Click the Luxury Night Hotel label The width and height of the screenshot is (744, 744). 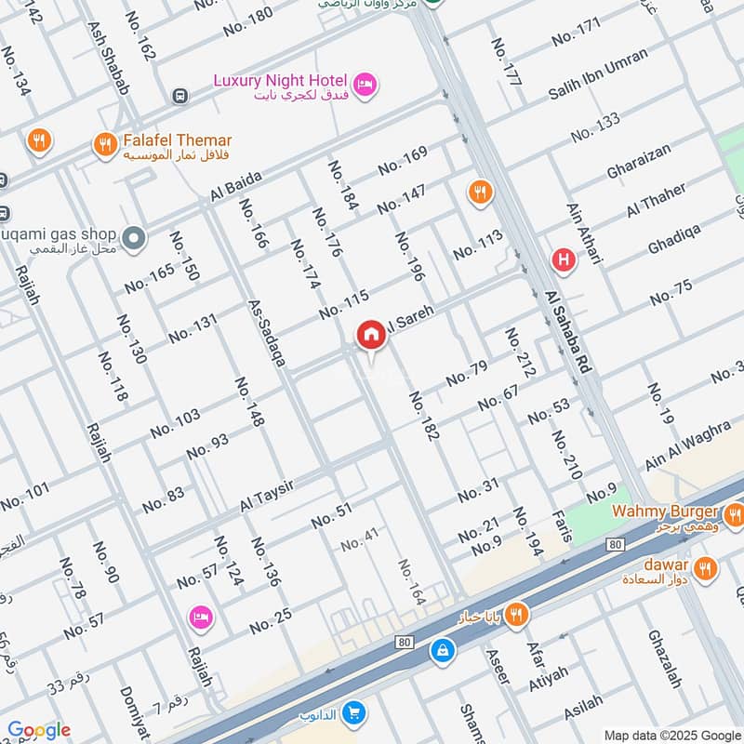280,81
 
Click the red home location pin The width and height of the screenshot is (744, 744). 371,335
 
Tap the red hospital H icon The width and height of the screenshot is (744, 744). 562,260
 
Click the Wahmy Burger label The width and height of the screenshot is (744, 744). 664,512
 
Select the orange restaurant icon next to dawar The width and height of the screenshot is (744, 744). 706,566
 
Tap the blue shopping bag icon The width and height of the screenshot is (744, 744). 443,650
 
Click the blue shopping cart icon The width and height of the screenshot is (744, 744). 353,713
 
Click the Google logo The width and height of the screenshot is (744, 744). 38,730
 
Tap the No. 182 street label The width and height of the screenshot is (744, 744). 423,416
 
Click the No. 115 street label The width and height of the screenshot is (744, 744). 343,304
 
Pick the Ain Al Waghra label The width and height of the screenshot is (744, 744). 686,445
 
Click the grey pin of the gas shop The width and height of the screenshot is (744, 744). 134,239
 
